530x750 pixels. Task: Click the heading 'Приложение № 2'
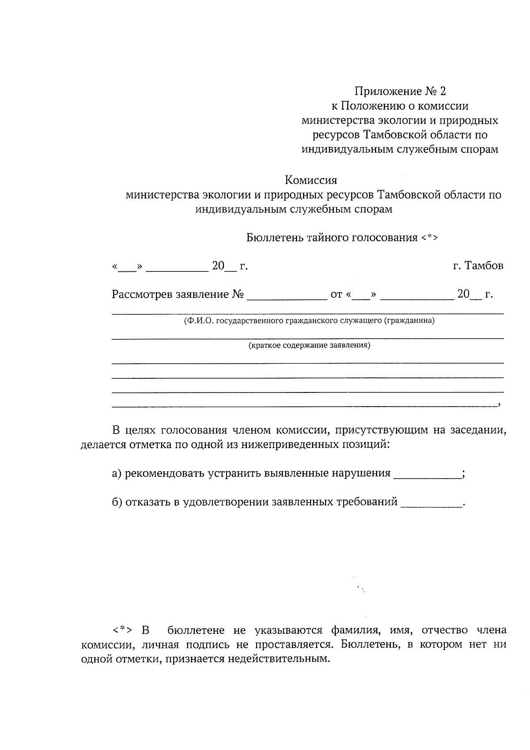click(400, 91)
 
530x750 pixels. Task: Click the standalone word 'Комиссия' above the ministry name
click(311, 180)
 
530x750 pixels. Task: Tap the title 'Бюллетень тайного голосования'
click(332, 238)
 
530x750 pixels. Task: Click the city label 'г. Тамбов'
click(478, 266)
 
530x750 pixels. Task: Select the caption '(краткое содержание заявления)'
click(309, 346)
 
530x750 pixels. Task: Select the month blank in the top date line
click(177, 267)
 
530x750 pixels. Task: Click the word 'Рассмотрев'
click(142, 294)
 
